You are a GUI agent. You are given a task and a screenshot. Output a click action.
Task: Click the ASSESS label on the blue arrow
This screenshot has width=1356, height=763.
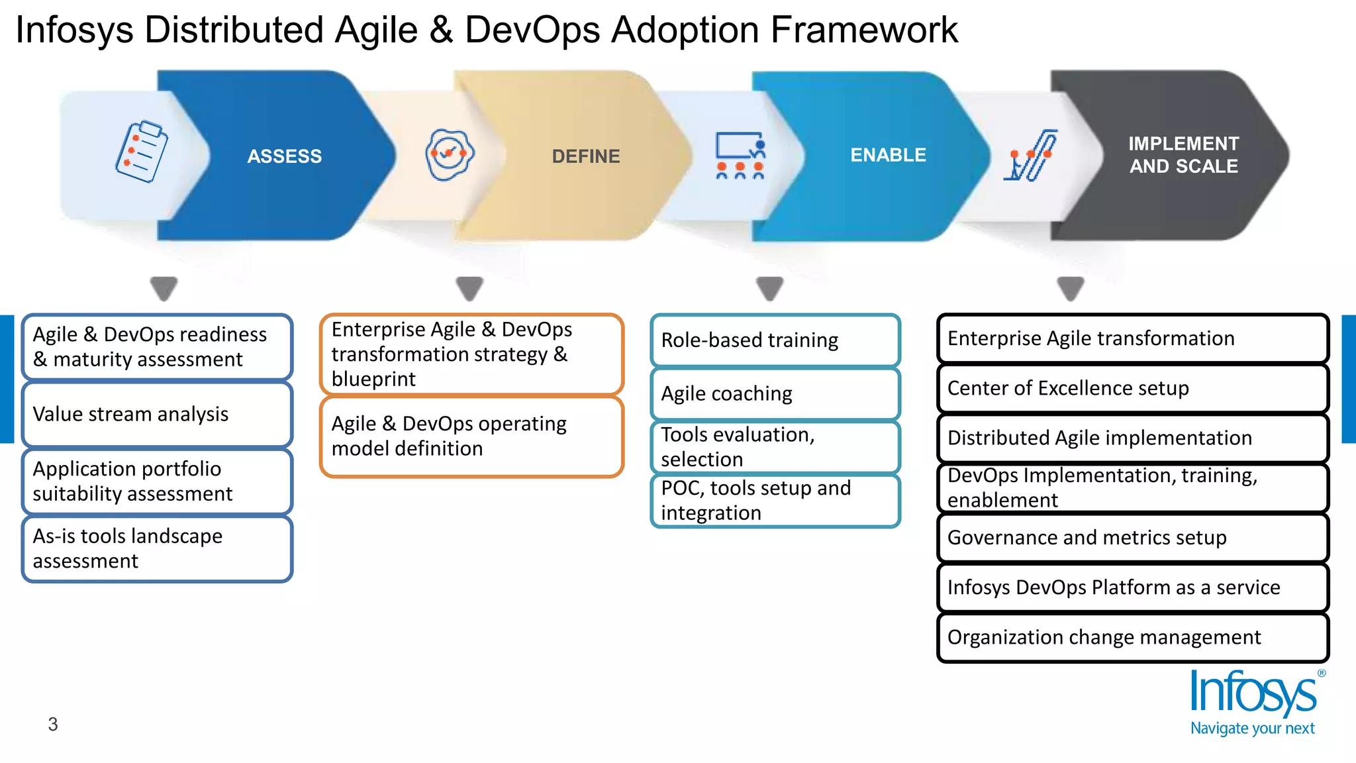coord(284,156)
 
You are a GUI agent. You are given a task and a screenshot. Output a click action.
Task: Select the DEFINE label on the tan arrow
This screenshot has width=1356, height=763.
coord(585,156)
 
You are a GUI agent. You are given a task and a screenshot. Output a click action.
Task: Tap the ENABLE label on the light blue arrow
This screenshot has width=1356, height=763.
coord(888,155)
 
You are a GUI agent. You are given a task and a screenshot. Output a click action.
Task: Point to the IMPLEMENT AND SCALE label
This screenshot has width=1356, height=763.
coord(1183,155)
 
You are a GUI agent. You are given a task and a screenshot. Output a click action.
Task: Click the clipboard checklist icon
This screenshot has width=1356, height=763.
coord(141,151)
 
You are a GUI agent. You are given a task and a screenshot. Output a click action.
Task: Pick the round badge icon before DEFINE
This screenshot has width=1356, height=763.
coord(450,154)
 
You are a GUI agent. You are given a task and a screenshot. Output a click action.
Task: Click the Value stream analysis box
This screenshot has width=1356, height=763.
coord(157,415)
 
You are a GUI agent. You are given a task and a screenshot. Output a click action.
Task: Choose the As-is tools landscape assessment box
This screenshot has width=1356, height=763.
coord(157,548)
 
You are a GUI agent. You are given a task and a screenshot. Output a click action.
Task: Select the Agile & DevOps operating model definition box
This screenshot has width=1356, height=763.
coord(471,436)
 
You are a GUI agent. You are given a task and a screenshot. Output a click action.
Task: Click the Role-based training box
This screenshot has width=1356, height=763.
coord(775,340)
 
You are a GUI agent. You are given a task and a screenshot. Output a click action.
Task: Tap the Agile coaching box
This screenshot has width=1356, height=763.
coord(775,394)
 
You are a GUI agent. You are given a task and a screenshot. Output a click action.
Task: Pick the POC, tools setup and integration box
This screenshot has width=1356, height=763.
coord(775,501)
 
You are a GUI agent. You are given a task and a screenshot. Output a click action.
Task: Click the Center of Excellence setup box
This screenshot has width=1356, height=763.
coord(1132,388)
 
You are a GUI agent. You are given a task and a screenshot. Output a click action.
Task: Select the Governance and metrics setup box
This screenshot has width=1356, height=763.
coord(1132,538)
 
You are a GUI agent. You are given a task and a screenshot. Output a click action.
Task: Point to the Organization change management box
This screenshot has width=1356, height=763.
coord(1132,637)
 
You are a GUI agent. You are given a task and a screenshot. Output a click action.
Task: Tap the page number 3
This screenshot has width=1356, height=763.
coord(53,724)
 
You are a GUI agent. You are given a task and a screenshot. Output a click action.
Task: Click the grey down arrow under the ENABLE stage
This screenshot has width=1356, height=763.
coord(769,289)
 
